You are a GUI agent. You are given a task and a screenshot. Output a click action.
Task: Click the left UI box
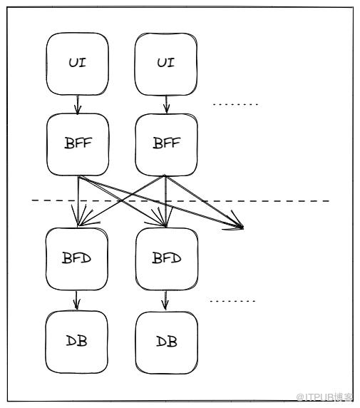click(x=78, y=63)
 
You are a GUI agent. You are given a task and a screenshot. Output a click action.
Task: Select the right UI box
click(x=166, y=64)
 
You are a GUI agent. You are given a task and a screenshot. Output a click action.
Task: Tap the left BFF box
click(x=78, y=144)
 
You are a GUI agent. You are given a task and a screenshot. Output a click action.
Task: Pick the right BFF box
click(x=166, y=145)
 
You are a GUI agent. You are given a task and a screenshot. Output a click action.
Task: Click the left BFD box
click(x=77, y=259)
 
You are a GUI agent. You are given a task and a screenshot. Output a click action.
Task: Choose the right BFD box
click(x=167, y=259)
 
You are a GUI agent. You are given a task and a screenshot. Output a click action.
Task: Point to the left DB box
click(x=77, y=342)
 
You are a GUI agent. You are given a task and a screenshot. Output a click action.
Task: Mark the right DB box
click(x=167, y=342)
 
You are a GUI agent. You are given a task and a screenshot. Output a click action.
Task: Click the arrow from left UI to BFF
click(x=78, y=105)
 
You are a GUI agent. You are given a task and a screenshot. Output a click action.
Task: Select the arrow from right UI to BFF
click(x=167, y=105)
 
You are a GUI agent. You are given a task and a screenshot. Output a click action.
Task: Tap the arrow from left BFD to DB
click(x=76, y=300)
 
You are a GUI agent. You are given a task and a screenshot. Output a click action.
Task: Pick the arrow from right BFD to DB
click(x=165, y=301)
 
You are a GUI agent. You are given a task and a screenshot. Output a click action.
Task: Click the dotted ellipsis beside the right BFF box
click(x=235, y=105)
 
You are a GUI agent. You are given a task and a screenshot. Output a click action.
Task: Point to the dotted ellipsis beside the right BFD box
click(x=232, y=301)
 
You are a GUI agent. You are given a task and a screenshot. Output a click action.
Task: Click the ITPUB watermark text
click(x=325, y=397)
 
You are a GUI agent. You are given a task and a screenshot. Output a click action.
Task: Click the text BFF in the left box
click(x=78, y=143)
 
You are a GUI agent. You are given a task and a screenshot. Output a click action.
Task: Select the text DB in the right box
click(x=167, y=341)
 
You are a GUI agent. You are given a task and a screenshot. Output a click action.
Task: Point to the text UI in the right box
click(x=166, y=63)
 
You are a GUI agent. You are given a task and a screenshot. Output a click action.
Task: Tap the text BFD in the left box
click(x=76, y=258)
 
